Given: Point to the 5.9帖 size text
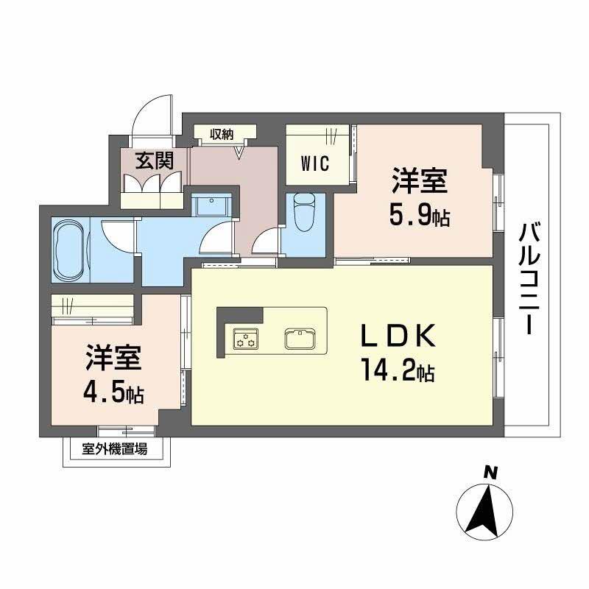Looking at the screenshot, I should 419,216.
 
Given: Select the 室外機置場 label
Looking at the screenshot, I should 114,448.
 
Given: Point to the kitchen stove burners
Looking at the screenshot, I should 246,339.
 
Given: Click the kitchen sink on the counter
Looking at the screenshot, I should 300,339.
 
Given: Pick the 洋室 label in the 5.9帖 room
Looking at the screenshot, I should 418,181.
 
